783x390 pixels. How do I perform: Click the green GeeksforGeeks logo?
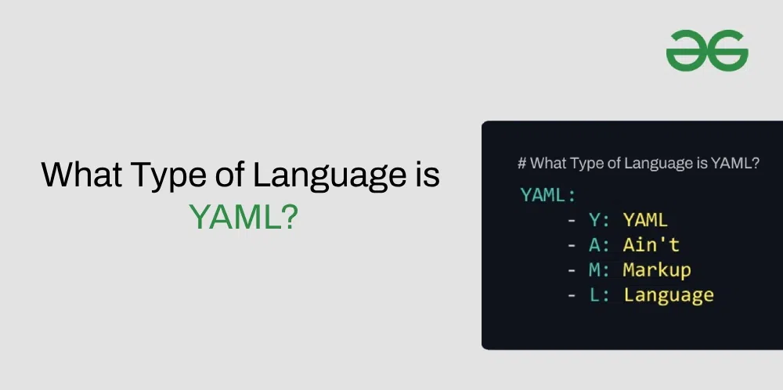tap(707, 52)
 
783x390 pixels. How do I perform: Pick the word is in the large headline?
tap(424, 174)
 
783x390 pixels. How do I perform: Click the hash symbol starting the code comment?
tap(521, 164)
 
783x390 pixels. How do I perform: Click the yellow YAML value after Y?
tap(645, 220)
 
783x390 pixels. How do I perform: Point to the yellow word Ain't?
tap(651, 245)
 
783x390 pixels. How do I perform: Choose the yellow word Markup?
tap(656, 270)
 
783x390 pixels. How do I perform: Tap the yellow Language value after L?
tap(668, 295)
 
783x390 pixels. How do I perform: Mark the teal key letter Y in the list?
tap(594, 220)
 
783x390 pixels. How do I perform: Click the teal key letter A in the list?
tap(594, 245)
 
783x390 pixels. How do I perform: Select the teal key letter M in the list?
tap(594, 270)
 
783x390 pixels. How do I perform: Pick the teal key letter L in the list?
tap(594, 295)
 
